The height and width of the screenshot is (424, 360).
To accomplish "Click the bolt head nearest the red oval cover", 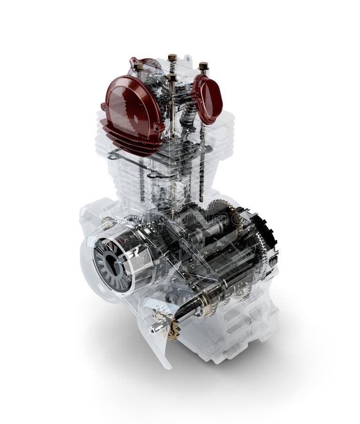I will [203, 67].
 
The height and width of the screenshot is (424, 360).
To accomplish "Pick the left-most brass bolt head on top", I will [139, 67].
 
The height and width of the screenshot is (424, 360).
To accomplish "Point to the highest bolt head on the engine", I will [172, 58].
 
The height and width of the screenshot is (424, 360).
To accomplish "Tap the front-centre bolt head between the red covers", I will [172, 77].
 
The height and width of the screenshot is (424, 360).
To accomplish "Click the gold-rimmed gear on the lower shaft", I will [206, 305].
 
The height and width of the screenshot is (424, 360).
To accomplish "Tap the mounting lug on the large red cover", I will [104, 107].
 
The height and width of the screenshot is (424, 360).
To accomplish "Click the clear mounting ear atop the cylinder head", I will [187, 60].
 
